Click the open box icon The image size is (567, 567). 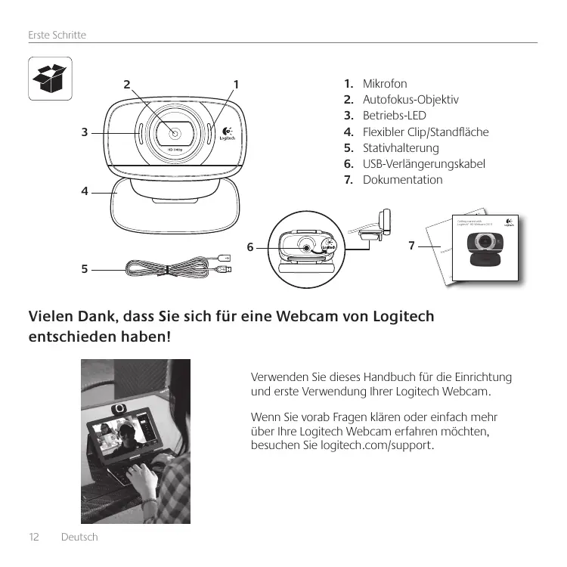(50, 78)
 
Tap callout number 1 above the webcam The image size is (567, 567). (236, 84)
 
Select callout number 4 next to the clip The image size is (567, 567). (85, 191)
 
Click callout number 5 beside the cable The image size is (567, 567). (85, 268)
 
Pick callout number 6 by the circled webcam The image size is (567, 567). (251, 246)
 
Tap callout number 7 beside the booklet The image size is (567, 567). (411, 246)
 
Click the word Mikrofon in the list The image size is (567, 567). (385, 83)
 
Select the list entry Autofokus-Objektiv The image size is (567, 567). (411, 100)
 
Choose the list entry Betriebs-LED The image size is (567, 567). (395, 116)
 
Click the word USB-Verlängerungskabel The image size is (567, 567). (424, 163)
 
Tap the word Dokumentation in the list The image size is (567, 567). (403, 180)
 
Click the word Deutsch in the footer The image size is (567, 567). (79, 537)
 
